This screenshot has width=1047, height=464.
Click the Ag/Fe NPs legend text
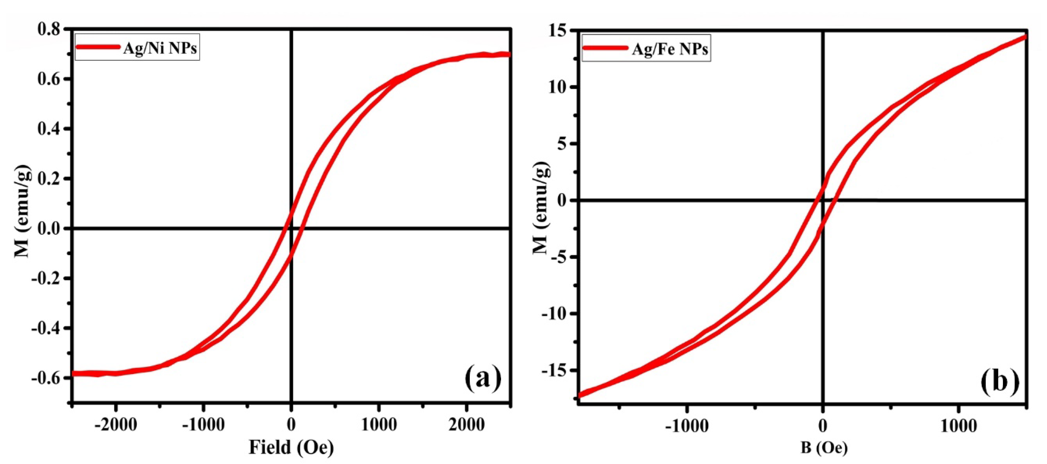click(x=670, y=50)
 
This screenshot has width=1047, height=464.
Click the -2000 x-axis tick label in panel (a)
click(x=116, y=425)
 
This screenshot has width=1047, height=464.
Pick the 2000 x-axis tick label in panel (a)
click(x=466, y=425)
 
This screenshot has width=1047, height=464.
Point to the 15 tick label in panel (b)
click(x=559, y=31)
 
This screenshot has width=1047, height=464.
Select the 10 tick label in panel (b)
click(x=559, y=88)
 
